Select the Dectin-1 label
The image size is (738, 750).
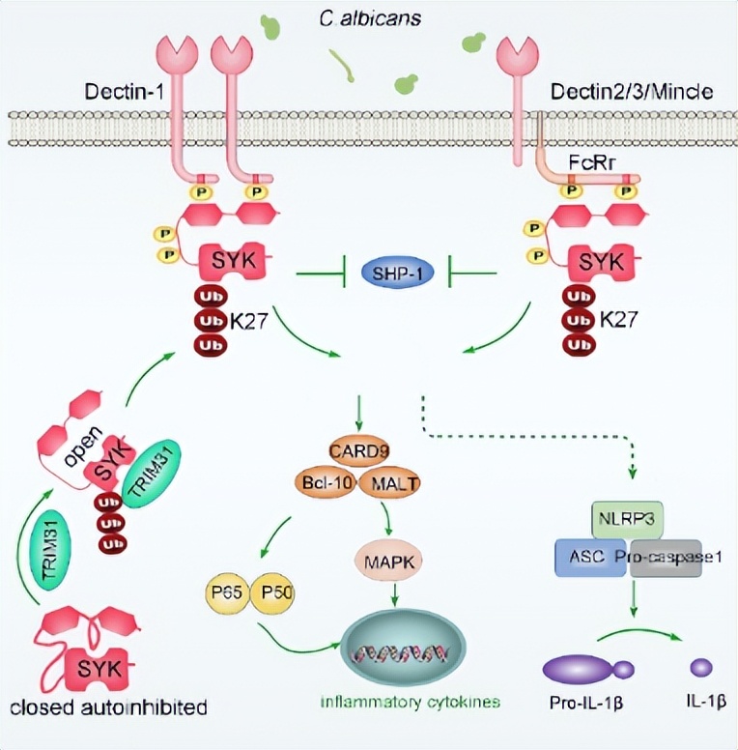(x=125, y=92)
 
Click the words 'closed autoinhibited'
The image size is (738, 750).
(x=108, y=707)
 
